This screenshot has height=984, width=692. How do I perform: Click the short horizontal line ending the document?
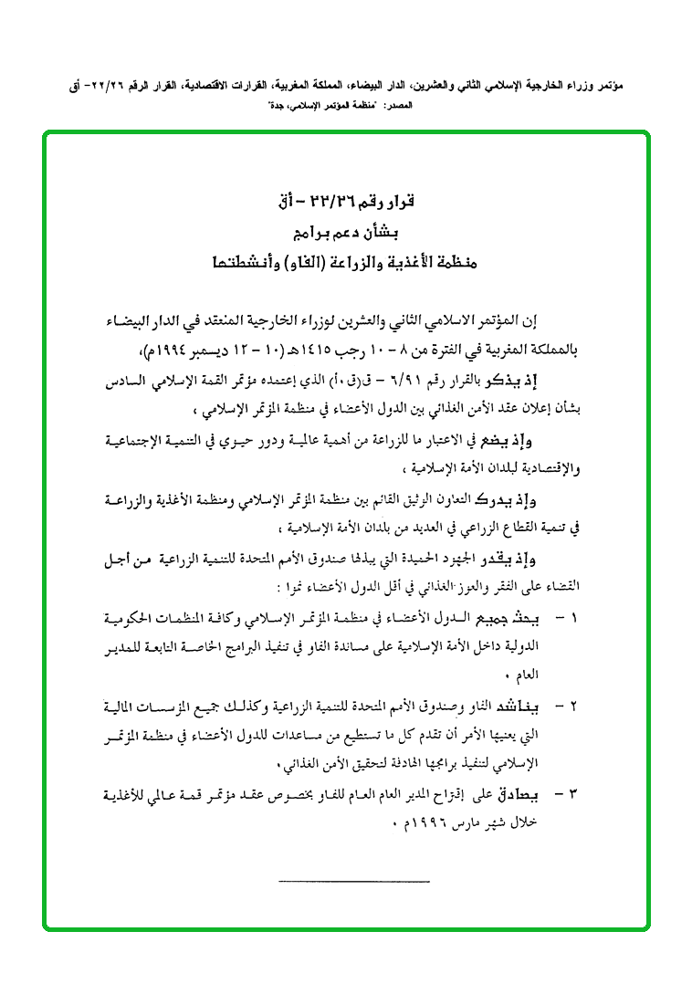351,881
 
